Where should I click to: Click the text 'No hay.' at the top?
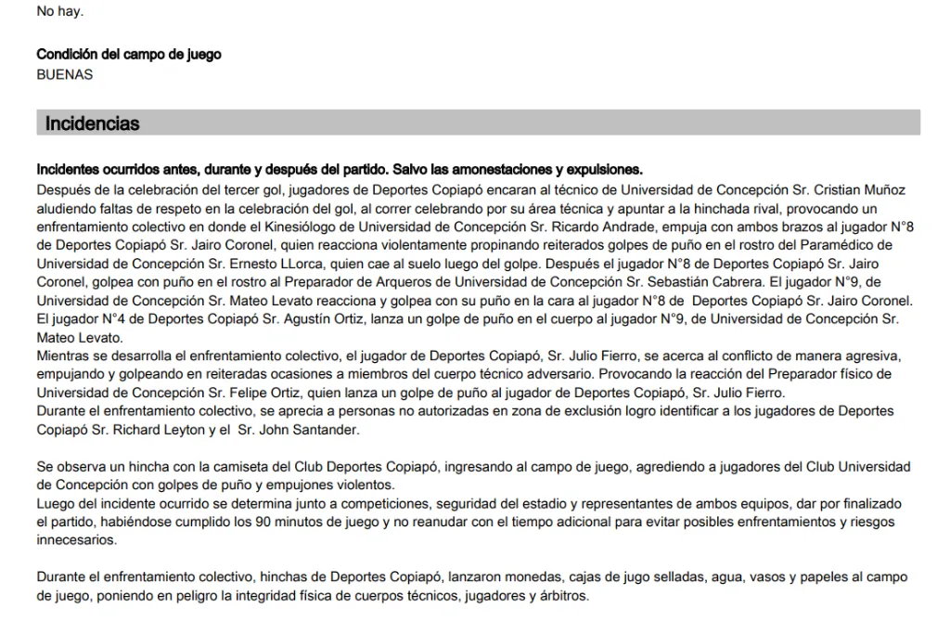[x=59, y=12]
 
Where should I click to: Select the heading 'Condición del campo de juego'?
[x=129, y=55]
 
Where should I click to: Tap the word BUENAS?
[x=65, y=74]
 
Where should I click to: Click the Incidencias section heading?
[x=93, y=123]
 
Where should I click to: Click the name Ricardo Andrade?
[x=548, y=227]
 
